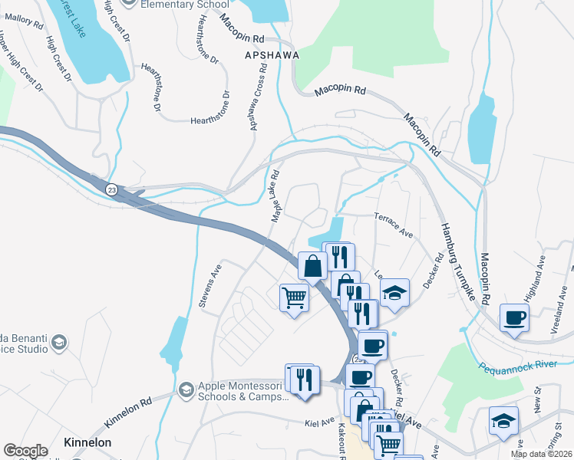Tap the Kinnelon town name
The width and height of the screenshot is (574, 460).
(x=87, y=442)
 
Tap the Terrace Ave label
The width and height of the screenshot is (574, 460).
(x=394, y=224)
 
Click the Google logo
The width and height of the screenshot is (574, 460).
(x=25, y=450)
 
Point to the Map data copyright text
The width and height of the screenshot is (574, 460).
(x=542, y=454)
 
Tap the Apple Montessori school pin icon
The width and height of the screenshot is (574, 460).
(x=185, y=390)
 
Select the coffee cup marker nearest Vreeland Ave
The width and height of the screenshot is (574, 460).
(x=513, y=317)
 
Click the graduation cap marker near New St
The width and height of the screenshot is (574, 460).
(x=503, y=421)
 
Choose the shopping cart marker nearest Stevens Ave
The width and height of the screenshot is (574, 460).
(x=294, y=297)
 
